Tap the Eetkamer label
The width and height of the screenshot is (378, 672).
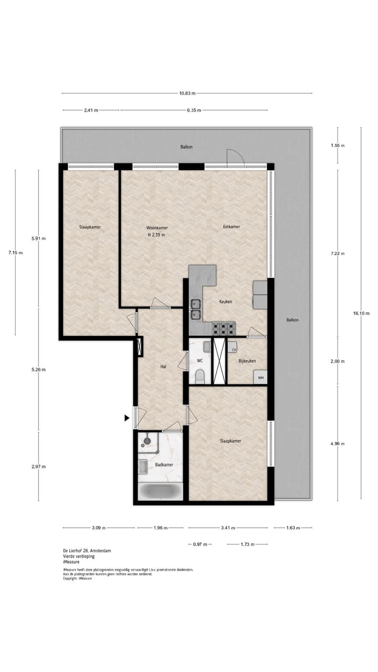[232, 227]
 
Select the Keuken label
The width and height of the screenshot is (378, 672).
[226, 302]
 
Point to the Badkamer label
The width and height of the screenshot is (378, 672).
[164, 465]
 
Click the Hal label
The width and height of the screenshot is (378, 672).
[163, 366]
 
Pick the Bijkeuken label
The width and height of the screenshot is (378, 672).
[247, 361]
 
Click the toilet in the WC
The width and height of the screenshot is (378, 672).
[199, 375]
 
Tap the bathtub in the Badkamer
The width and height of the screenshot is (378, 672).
[160, 491]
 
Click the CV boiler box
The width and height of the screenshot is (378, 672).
[234, 349]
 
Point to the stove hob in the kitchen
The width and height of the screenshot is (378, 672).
[224, 329]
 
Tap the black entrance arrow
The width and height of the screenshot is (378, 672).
[127, 418]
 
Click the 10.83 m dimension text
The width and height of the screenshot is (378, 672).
[187, 93]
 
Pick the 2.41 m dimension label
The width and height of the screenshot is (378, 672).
[91, 110]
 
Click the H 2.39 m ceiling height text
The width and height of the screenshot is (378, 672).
[156, 235]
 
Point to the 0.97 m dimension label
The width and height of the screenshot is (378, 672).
[200, 544]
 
